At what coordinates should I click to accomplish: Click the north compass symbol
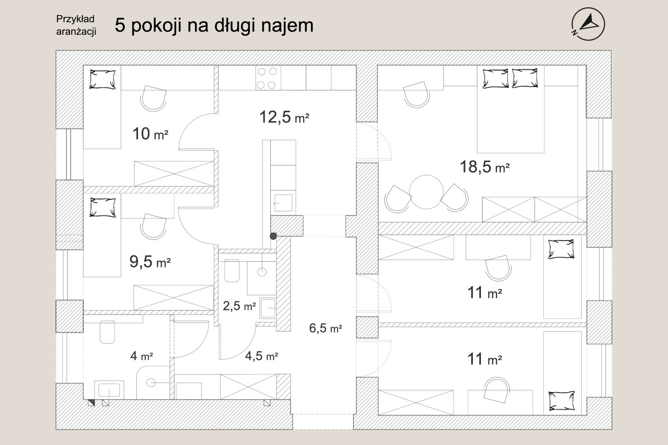pyautogui.click(x=588, y=24)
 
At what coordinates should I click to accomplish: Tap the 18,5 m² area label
pyautogui.click(x=485, y=167)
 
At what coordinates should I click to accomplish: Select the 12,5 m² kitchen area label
pyautogui.click(x=284, y=117)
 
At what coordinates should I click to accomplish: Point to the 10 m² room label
pyautogui.click(x=151, y=134)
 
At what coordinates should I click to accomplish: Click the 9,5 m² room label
pyautogui.click(x=150, y=262)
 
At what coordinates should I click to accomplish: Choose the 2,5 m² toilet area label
pyautogui.click(x=239, y=306)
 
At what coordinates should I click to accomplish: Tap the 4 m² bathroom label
pyautogui.click(x=142, y=356)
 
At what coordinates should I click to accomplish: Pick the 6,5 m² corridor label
pyautogui.click(x=326, y=328)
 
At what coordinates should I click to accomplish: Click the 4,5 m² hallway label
pyautogui.click(x=261, y=356)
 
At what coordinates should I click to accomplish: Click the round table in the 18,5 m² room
pyautogui.click(x=426, y=192)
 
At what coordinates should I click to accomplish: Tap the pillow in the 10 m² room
pyautogui.click(x=102, y=79)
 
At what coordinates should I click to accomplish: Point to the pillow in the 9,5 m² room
pyautogui.click(x=103, y=207)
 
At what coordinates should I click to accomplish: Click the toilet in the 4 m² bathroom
pyautogui.click(x=107, y=332)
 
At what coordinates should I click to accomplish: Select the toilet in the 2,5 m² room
pyautogui.click(x=232, y=271)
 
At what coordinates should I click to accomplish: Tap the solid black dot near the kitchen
pyautogui.click(x=273, y=236)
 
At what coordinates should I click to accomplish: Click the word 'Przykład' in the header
pyautogui.click(x=75, y=19)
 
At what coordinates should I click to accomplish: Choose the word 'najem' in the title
pyautogui.click(x=287, y=25)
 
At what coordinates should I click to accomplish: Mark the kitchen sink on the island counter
pyautogui.click(x=283, y=202)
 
